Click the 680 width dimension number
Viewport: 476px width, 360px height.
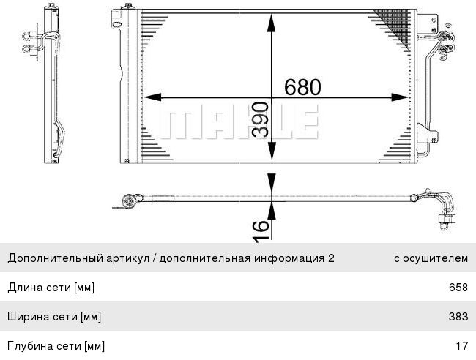(x=302, y=86)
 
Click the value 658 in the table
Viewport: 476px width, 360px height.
(x=458, y=288)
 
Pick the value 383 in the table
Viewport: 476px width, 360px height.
(x=458, y=317)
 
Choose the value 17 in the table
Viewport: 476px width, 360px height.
(x=461, y=345)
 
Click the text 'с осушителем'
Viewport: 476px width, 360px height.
(x=431, y=258)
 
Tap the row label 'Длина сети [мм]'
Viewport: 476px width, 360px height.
(x=51, y=288)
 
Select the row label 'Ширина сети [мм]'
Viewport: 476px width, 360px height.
(x=54, y=317)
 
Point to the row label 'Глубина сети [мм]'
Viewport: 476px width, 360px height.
(x=56, y=345)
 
